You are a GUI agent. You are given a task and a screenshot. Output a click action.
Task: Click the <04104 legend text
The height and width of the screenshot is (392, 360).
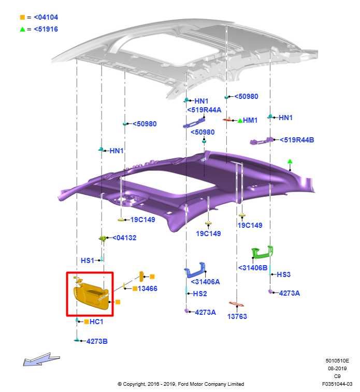click(46, 17)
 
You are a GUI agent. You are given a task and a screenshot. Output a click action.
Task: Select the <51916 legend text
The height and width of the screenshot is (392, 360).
click(46, 29)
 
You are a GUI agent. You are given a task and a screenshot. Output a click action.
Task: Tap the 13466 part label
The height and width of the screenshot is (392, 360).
click(148, 288)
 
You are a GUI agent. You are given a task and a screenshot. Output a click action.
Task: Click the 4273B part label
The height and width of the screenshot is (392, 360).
click(97, 341)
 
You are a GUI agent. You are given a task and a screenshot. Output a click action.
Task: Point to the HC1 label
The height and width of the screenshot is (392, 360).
click(96, 322)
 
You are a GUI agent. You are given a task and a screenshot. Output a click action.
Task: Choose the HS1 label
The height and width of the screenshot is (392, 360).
click(88, 260)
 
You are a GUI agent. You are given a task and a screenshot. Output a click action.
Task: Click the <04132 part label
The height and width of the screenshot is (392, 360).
click(124, 238)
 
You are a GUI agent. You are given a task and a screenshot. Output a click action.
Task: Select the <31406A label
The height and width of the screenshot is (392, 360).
click(205, 282)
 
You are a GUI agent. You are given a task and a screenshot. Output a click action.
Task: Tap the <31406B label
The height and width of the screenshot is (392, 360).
click(253, 268)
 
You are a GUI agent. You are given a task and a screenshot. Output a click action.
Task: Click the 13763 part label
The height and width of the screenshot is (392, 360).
click(237, 316)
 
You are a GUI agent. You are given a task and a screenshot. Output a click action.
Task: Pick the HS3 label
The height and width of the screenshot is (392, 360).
click(284, 274)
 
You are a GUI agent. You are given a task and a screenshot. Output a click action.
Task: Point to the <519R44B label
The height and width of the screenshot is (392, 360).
click(297, 140)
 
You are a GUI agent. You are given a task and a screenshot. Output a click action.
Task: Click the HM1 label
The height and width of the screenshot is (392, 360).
click(250, 120)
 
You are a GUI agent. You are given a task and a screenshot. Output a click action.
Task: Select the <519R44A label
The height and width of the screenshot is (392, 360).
click(204, 110)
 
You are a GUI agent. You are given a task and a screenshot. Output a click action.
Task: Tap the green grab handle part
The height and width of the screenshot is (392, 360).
click(263, 253)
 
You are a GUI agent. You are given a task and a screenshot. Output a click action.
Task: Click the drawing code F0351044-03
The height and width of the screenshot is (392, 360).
click(337, 384)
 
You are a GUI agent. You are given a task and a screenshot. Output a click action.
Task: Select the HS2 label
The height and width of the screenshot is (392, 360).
click(200, 294)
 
